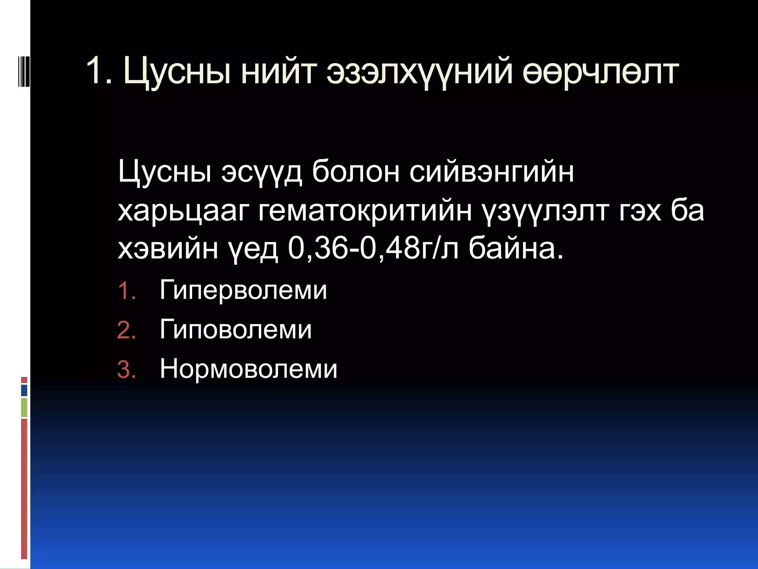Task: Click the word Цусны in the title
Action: coord(177,71)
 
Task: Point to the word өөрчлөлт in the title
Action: coord(600,71)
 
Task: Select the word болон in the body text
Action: coord(355,172)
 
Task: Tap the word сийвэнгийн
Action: coord(492,172)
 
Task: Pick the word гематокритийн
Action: coord(365,211)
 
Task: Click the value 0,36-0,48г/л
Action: coord(373,249)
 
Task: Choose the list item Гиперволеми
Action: coord(243,290)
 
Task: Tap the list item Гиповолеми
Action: coord(235,329)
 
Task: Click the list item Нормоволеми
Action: coord(248,369)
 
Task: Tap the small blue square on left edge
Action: coord(24,390)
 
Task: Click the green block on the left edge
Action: coord(24,407)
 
